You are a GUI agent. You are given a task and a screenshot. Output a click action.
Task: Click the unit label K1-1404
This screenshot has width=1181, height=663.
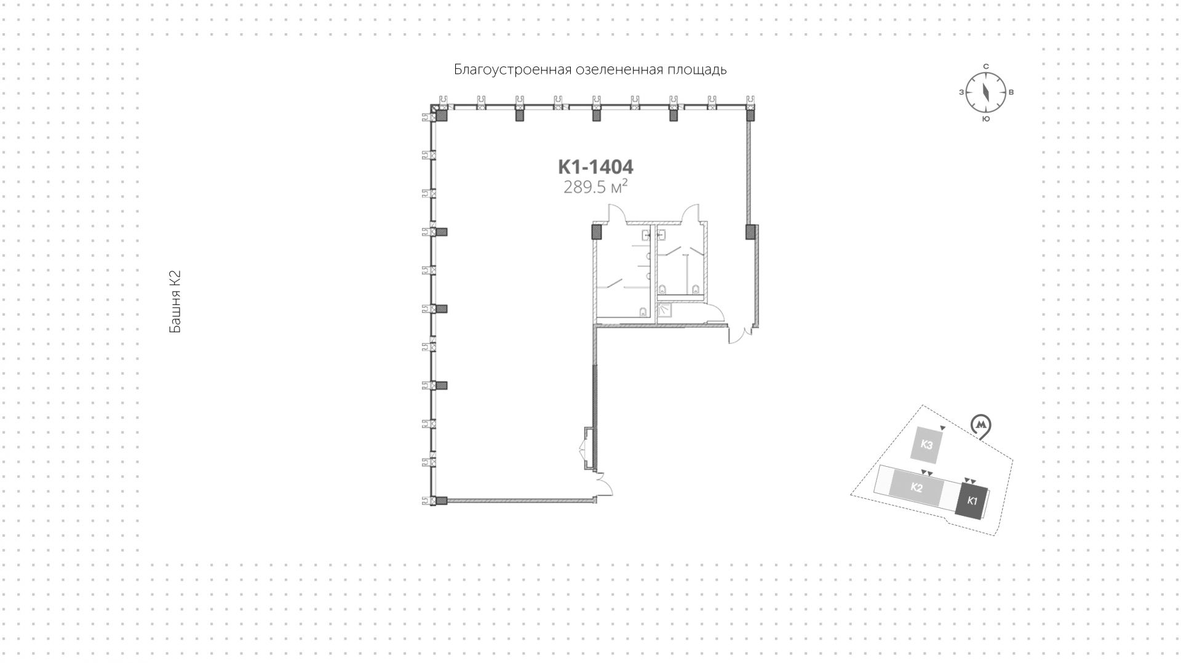click(x=595, y=167)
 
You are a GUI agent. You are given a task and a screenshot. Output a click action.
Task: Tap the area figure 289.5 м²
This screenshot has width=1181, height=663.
click(x=595, y=187)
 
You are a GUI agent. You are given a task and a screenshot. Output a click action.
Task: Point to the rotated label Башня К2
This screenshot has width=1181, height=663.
click(x=175, y=302)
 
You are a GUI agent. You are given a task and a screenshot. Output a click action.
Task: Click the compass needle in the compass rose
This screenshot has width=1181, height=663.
click(x=985, y=92)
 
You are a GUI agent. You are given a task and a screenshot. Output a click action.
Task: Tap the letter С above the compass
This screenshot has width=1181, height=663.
click(x=985, y=66)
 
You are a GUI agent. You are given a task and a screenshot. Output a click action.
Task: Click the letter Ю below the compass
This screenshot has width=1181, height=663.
click(x=985, y=119)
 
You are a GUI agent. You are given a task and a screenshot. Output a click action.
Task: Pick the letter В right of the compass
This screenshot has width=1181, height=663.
click(x=1011, y=93)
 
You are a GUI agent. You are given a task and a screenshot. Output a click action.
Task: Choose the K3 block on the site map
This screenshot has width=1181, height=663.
click(x=927, y=445)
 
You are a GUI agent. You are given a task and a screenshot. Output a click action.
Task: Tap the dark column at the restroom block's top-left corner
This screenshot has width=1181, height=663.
click(x=595, y=232)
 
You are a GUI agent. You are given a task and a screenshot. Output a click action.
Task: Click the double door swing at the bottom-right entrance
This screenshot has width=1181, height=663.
click(x=740, y=335)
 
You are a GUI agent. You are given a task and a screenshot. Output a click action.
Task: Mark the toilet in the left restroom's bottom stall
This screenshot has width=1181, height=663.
click(x=642, y=311)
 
